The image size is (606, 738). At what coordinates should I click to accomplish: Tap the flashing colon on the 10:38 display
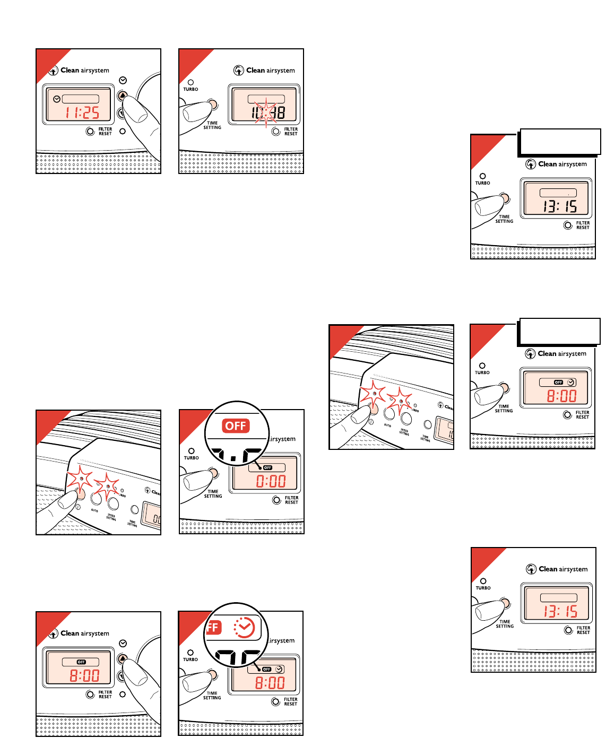[x=266, y=112]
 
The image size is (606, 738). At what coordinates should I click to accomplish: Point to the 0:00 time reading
[x=271, y=481]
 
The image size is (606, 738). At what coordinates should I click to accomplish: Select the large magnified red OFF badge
[x=236, y=426]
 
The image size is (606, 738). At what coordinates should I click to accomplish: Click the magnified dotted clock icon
[x=244, y=628]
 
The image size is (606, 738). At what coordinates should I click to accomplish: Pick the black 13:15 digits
[x=559, y=206]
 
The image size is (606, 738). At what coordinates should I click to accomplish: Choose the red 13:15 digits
[x=560, y=611]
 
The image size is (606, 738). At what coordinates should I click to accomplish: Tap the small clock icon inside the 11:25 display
[x=57, y=99]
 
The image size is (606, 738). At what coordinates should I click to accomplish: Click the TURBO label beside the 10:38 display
[x=191, y=89]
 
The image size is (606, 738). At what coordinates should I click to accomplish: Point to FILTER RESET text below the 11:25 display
[x=105, y=132]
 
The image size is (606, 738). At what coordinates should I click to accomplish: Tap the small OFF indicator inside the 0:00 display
[x=267, y=467]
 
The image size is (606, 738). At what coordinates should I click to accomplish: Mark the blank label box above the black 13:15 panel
[x=559, y=142]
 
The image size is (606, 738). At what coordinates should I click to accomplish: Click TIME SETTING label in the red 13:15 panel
[x=505, y=624]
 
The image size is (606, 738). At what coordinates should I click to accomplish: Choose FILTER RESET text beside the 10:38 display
[x=291, y=132]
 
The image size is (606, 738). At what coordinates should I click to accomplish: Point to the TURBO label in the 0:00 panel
[x=191, y=458]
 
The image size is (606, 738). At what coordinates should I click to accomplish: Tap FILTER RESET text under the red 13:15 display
[x=583, y=630]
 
